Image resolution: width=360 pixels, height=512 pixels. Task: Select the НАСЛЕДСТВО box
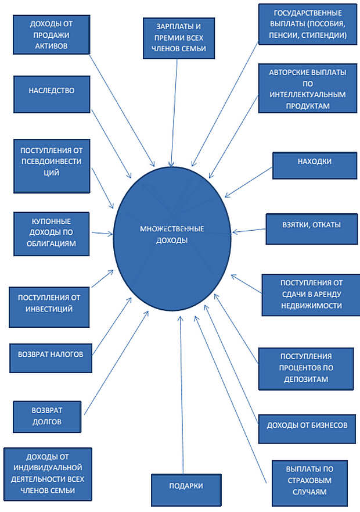coord(51,91)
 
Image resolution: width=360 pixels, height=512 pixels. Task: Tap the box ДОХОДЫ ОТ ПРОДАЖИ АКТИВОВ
coord(52,36)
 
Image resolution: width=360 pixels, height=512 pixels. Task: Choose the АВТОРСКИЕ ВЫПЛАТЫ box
coord(308,89)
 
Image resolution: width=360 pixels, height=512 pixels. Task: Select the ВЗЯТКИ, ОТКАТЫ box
coord(311,230)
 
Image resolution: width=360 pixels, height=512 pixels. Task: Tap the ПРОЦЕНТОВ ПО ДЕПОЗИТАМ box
coord(306,368)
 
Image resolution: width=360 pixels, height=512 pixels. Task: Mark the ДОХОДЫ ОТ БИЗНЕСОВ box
coord(307,425)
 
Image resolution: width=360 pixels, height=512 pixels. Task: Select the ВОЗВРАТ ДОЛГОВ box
coord(47,416)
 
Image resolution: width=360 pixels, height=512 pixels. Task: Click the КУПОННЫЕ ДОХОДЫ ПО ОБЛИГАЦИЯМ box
coord(51,233)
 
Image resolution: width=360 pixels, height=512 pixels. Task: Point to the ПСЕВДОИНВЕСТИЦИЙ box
coord(52,166)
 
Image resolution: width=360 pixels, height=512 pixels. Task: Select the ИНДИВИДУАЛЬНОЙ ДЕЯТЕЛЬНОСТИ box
coord(47,474)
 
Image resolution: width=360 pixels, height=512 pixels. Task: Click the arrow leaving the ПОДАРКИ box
coord(182,395)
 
